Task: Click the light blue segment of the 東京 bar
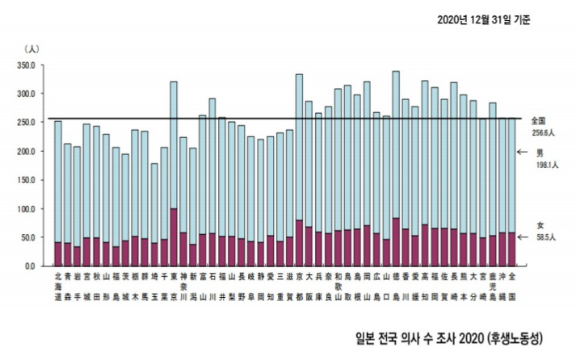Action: tap(174, 145)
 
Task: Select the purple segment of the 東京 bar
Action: tap(174, 237)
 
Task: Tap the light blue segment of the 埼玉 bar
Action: tap(154, 202)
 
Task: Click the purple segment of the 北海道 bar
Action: tap(57, 253)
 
